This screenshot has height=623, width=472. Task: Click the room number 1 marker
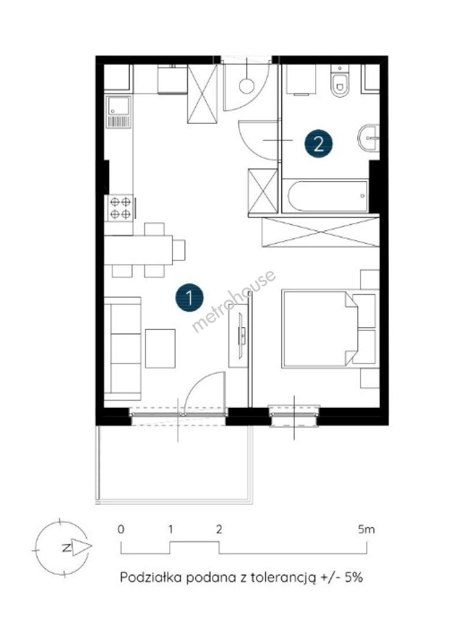pyautogui.click(x=189, y=297)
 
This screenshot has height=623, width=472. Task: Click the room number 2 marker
pyautogui.click(x=319, y=144)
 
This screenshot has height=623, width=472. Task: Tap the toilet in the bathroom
pyautogui.click(x=340, y=82)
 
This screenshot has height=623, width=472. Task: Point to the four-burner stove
pyautogui.click(x=120, y=208)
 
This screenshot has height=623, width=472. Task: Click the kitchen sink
pyautogui.click(x=119, y=112)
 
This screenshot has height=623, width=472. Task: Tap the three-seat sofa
pyautogui.click(x=123, y=348)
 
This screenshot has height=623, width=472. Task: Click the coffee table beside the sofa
pyautogui.click(x=160, y=348)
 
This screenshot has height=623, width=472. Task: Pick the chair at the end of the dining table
pyautogui.click(x=179, y=250)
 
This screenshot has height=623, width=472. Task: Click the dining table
pyautogui.click(x=138, y=250)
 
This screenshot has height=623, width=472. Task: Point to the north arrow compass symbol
pyautogui.click(x=62, y=547)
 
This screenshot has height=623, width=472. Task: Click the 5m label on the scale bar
pyautogui.click(x=366, y=529)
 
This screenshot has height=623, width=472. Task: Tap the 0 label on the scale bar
pyautogui.click(x=121, y=529)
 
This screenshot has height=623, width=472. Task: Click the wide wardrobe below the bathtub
pyautogui.click(x=320, y=232)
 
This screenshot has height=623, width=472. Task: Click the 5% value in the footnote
pyautogui.click(x=354, y=577)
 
